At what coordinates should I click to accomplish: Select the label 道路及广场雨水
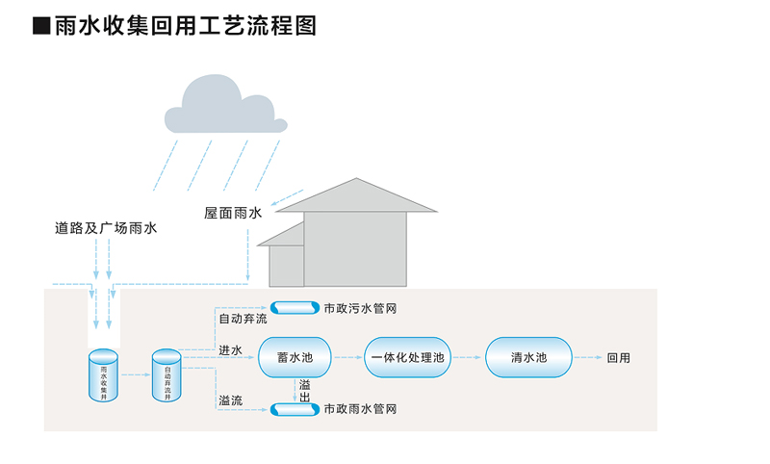pos(105,228)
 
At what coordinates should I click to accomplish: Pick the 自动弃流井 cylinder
pos(167,375)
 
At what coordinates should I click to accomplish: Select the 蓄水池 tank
pos(295,358)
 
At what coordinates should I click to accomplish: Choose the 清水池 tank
pos(528,358)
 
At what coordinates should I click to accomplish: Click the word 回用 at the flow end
pos(619,358)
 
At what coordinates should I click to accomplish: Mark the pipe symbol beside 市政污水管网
pos(295,308)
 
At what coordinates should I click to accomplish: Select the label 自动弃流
pos(242,319)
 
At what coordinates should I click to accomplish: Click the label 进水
pos(230,349)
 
